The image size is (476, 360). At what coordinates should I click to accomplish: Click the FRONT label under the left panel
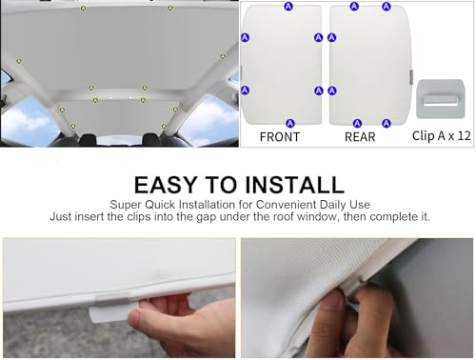[x=280, y=137]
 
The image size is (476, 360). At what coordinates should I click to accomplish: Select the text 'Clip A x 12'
[x=442, y=136]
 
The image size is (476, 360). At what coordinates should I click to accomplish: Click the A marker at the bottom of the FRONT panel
[x=289, y=123]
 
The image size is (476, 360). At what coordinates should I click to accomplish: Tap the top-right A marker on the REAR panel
[x=387, y=6]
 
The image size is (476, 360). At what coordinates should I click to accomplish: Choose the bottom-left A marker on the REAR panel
[x=357, y=123]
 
